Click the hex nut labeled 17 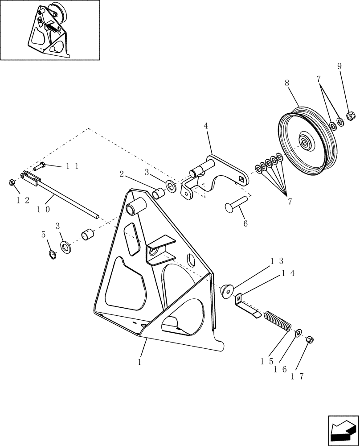[x=311, y=340]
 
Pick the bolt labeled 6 [x=237, y=205]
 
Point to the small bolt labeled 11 [x=39, y=167]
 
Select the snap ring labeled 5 [x=53, y=255]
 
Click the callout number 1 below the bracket [x=139, y=363]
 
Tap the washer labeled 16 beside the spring [x=298, y=331]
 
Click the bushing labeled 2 [x=158, y=194]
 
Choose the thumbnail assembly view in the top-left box [x=50, y=30]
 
